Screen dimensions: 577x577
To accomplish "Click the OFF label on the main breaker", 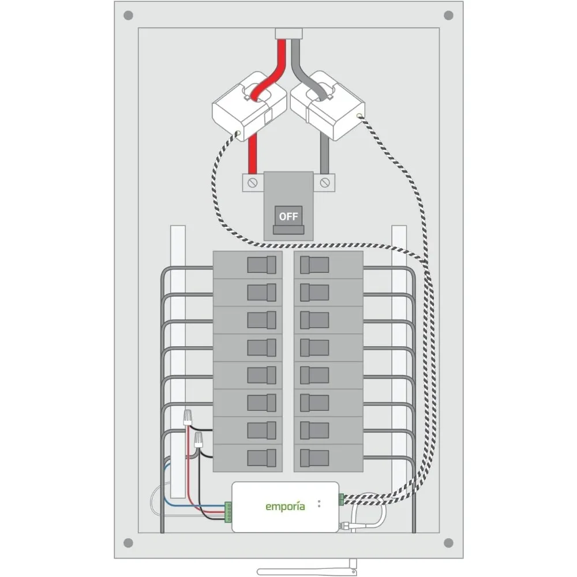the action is click(x=288, y=216).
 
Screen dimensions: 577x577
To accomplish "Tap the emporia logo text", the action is click(x=285, y=507).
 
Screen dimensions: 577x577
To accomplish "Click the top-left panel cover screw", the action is click(x=128, y=16).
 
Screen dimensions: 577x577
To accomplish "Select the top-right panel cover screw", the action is click(x=448, y=16).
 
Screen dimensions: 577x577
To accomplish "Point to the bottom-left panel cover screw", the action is click(x=128, y=543).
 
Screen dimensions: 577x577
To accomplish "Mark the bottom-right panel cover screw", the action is click(x=448, y=543).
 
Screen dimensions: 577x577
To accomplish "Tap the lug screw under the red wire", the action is click(x=253, y=182).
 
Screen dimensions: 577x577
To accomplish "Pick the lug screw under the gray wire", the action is click(x=324, y=182).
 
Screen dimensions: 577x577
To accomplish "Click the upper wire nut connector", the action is click(x=188, y=417).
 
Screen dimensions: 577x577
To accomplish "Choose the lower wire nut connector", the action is click(x=198, y=440).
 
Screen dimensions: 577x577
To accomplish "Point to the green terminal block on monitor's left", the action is click(x=228, y=512).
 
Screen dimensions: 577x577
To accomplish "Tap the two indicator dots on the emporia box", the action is click(x=319, y=504).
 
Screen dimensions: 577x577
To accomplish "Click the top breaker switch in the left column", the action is click(x=261, y=265).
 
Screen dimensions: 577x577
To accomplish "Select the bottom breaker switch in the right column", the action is click(x=314, y=458).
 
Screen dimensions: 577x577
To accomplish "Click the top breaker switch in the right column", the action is click(x=314, y=265).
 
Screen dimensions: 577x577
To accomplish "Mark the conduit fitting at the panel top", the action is click(x=288, y=34).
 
